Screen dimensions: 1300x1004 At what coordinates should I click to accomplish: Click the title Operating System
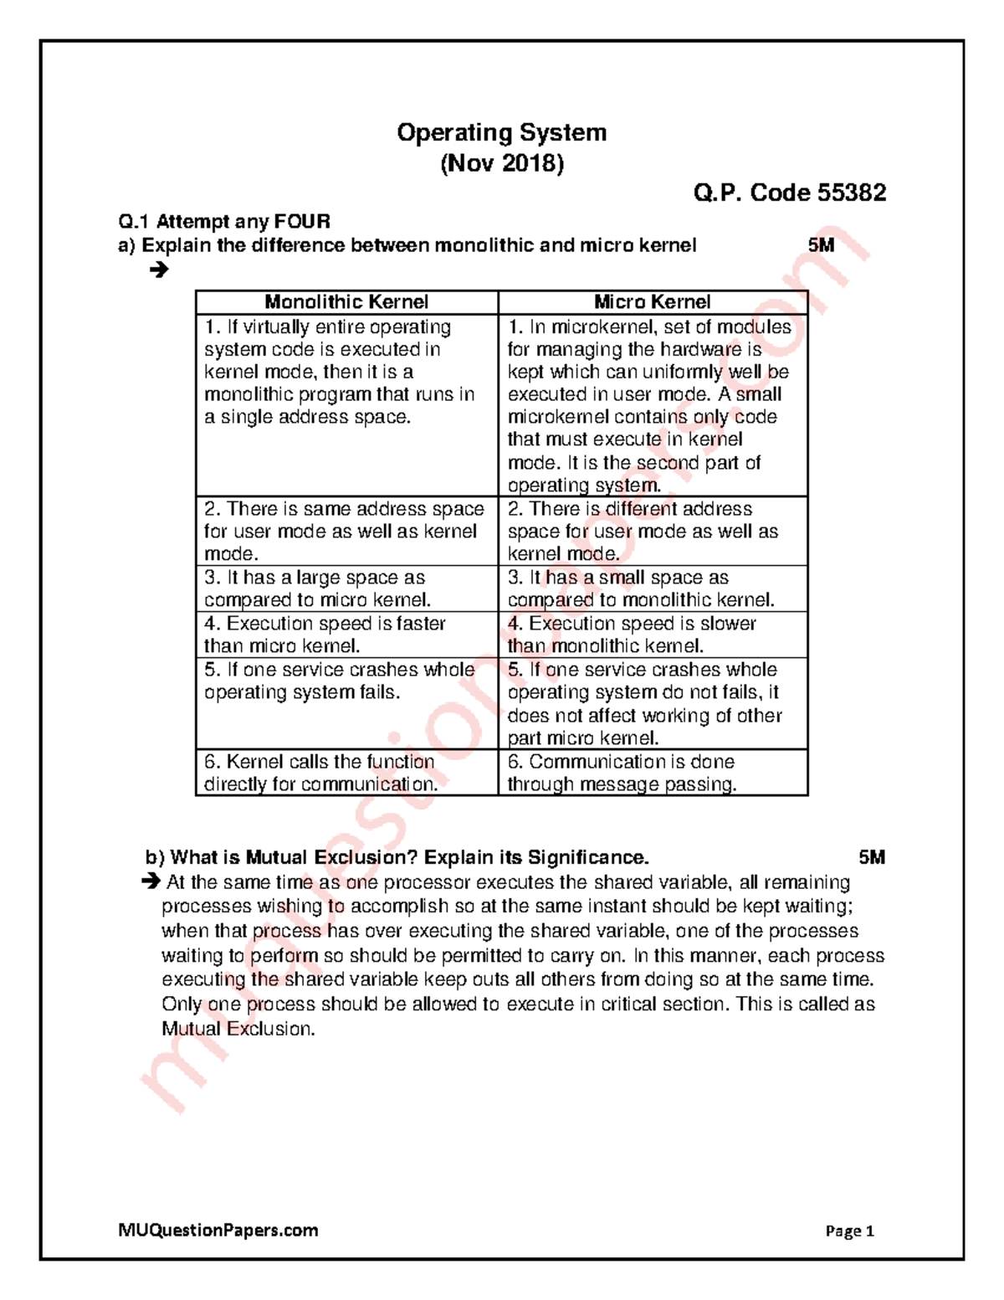(x=501, y=132)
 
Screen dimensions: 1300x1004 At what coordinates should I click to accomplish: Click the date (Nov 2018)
(x=502, y=162)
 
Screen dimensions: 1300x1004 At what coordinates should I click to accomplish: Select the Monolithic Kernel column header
(x=346, y=302)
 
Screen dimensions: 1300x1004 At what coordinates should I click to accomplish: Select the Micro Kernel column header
(x=652, y=302)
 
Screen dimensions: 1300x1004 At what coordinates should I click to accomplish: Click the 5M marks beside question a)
(x=821, y=245)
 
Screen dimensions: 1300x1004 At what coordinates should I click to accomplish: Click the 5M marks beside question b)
(x=871, y=857)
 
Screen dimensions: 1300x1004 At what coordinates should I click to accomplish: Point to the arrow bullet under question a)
(x=158, y=270)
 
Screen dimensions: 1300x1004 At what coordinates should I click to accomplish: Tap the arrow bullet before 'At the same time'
(x=151, y=881)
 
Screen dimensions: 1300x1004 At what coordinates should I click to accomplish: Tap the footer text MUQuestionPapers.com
(x=218, y=1230)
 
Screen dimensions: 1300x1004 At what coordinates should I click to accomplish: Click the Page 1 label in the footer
(x=849, y=1231)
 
